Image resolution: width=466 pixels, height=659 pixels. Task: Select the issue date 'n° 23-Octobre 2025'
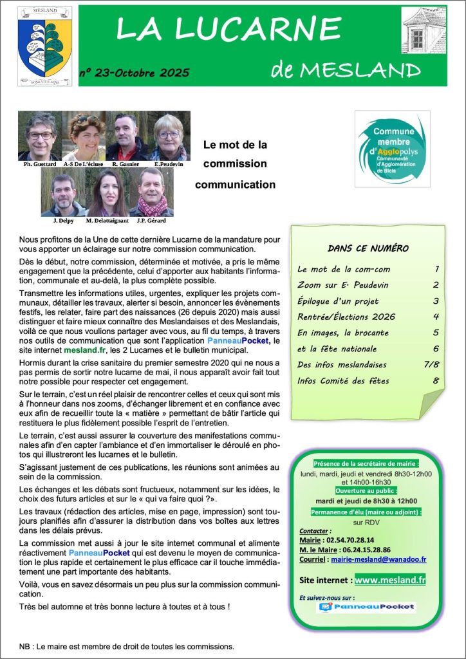(135, 73)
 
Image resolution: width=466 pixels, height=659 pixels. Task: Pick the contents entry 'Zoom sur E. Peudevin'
(342, 285)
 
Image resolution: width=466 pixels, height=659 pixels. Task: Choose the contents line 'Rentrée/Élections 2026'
(347, 317)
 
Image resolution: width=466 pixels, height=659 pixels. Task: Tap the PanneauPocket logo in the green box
(367, 607)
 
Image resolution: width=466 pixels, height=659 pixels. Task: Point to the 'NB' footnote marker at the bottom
(25, 646)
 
